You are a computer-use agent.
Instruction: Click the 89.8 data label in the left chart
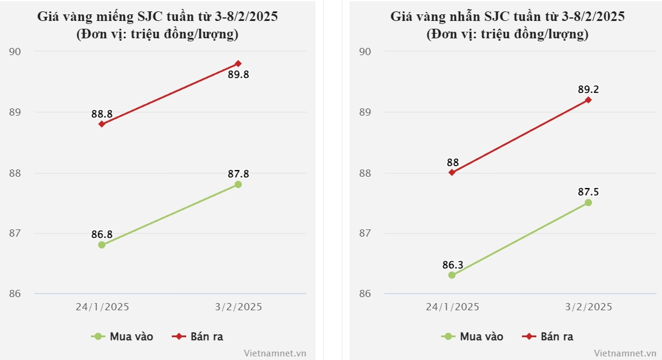tap(238, 75)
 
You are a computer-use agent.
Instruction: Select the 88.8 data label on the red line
tap(102, 113)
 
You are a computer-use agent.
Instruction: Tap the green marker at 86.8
tap(102, 245)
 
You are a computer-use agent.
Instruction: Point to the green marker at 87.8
tap(238, 184)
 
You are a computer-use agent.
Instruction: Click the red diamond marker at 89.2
tap(588, 100)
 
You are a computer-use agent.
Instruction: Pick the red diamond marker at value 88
tap(452, 173)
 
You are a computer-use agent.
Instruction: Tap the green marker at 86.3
tap(452, 276)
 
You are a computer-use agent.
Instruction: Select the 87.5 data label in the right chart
tap(588, 192)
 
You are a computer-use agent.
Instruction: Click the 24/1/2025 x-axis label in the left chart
tap(102, 307)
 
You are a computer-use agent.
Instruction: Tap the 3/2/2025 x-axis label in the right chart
tap(589, 307)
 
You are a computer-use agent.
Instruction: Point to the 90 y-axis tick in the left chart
tap(14, 52)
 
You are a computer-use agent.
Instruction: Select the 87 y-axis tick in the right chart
tap(365, 233)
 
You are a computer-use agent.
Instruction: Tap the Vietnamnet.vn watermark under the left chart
tap(275, 353)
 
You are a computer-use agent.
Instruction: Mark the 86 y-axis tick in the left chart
tap(14, 294)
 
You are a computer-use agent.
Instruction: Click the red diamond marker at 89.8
tap(238, 63)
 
